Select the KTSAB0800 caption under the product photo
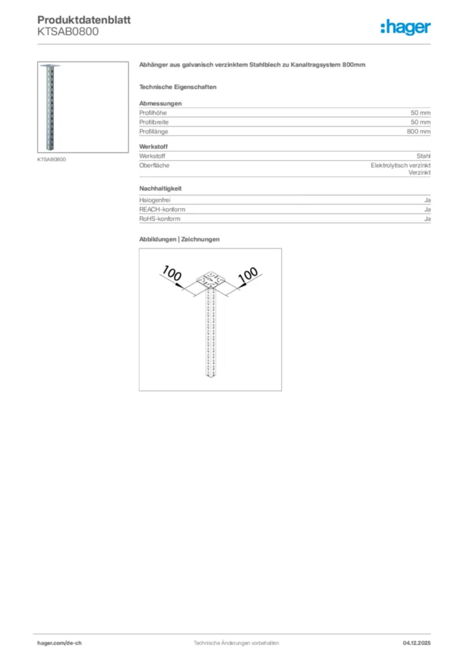51,159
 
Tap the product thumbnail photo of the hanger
83,107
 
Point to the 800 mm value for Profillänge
418,131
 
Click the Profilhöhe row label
153,112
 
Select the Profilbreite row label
154,122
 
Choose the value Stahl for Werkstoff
423,156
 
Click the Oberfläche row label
154,165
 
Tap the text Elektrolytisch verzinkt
401,165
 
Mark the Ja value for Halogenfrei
427,200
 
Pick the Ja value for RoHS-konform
427,219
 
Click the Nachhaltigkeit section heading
160,189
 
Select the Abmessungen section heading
160,103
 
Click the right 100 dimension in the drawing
248,275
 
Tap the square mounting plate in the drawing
211,281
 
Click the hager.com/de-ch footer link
60,643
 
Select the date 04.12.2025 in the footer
417,643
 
